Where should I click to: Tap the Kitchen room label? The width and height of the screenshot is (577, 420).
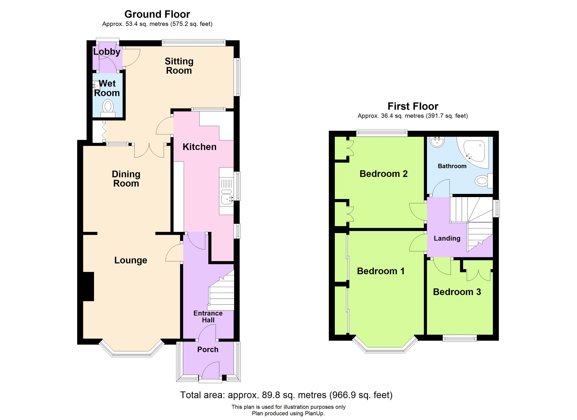(200, 147)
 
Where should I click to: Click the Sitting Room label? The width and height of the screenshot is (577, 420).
(179, 66)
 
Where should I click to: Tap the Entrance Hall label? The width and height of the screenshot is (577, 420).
(208, 317)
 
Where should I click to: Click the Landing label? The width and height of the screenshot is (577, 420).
(447, 238)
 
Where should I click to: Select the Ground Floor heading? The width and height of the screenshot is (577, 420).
(157, 14)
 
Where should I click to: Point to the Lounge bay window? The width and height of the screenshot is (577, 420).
(131, 351)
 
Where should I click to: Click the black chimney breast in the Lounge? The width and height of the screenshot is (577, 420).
(88, 286)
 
